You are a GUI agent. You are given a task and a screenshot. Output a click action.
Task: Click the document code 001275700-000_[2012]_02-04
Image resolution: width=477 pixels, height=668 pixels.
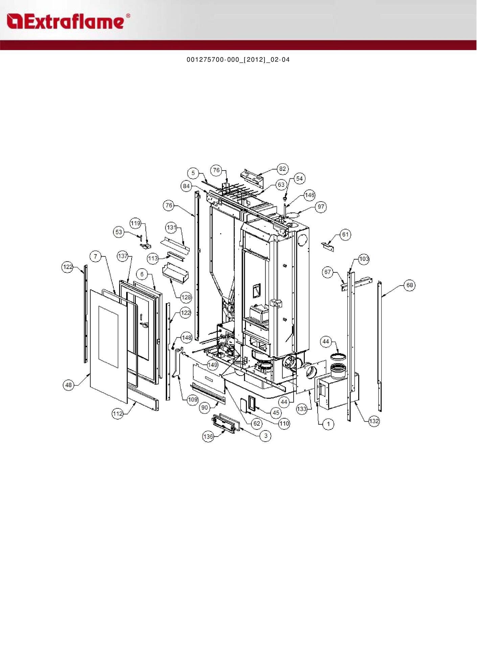tap(238, 60)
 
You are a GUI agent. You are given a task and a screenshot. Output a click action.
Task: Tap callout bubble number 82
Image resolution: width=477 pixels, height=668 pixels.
tap(282, 169)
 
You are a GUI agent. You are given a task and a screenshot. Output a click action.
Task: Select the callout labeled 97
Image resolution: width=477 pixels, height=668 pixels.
tap(321, 207)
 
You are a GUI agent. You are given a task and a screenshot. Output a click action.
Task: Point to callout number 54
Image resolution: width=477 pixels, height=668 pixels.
tap(299, 179)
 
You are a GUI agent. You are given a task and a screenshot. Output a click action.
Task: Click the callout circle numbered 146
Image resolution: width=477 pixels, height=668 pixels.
tap(310, 195)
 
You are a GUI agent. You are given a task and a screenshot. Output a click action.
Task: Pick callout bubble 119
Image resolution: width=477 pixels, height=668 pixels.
tap(135, 223)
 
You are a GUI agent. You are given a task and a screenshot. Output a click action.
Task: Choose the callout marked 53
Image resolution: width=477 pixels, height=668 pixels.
tap(119, 232)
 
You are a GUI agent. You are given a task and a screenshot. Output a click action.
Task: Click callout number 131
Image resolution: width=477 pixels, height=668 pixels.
tap(172, 227)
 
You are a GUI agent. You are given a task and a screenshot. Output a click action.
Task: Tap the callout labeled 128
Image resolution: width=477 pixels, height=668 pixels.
tap(186, 298)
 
